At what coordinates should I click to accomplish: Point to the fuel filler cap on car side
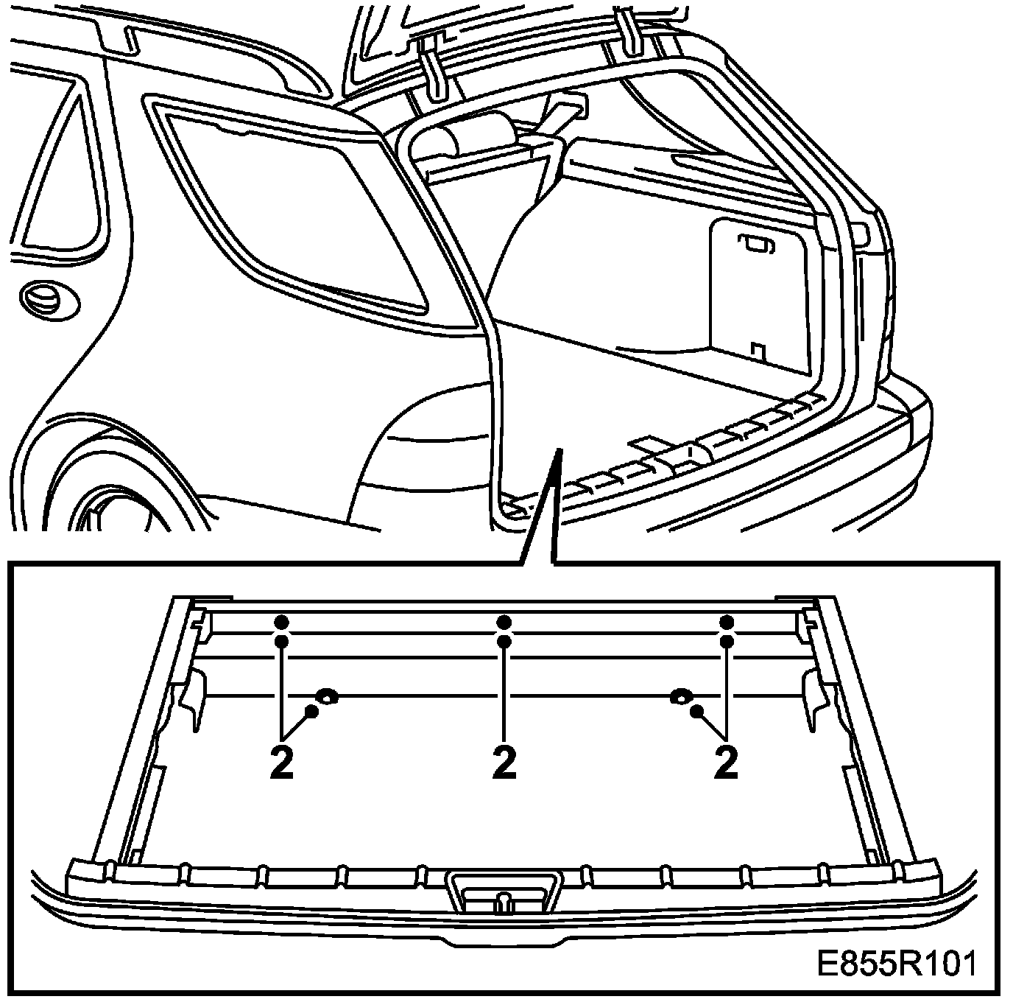coord(43,298)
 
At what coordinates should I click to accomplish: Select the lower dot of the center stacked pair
coord(504,642)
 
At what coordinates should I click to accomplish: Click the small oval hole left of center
coord(326,695)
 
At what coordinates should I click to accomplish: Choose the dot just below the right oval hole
coord(696,711)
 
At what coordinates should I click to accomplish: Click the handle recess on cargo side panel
coord(754,244)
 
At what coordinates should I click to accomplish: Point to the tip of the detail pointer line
coord(560,449)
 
